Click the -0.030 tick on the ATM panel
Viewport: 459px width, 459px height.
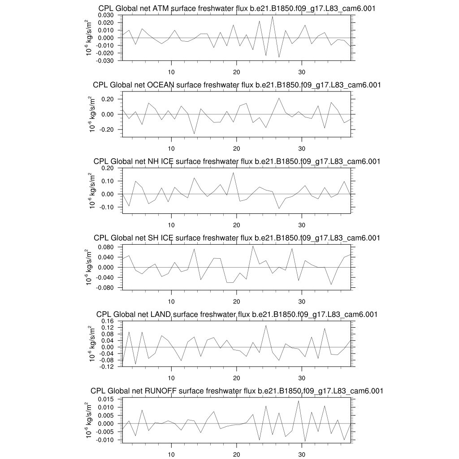[107, 60]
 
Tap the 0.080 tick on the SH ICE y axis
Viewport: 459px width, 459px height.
[108, 247]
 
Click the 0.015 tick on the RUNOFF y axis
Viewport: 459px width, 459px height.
[108, 399]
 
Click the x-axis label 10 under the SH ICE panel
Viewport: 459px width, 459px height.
[171, 301]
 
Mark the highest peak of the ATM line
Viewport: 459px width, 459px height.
[272, 17]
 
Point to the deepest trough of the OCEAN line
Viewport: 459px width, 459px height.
[194, 134]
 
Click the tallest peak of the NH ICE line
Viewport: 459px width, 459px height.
[233, 173]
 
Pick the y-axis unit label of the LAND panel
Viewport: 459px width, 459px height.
[92, 343]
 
